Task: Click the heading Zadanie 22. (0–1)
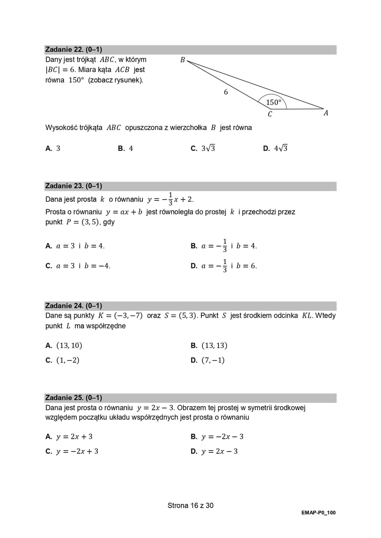pyautogui.click(x=73, y=49)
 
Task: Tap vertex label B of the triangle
pyautogui.click(x=182, y=60)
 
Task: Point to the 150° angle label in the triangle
pyautogui.click(x=274, y=102)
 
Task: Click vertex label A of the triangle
pyautogui.click(x=326, y=113)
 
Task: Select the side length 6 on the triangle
pyautogui.click(x=226, y=92)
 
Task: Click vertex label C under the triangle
pyautogui.click(x=270, y=114)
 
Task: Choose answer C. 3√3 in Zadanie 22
pyautogui.click(x=203, y=148)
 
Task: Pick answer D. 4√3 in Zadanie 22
pyautogui.click(x=275, y=148)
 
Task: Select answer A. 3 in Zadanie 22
pyautogui.click(x=53, y=148)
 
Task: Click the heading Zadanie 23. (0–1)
pyautogui.click(x=73, y=186)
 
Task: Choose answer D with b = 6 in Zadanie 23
pyautogui.click(x=224, y=266)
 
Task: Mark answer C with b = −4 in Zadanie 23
pyautogui.click(x=78, y=266)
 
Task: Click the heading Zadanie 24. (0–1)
pyautogui.click(x=73, y=305)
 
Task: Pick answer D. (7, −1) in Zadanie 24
pyautogui.click(x=208, y=360)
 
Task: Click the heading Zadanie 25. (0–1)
pyautogui.click(x=73, y=397)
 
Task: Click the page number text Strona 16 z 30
pyautogui.click(x=190, y=505)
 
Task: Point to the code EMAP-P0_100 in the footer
pyautogui.click(x=318, y=513)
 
